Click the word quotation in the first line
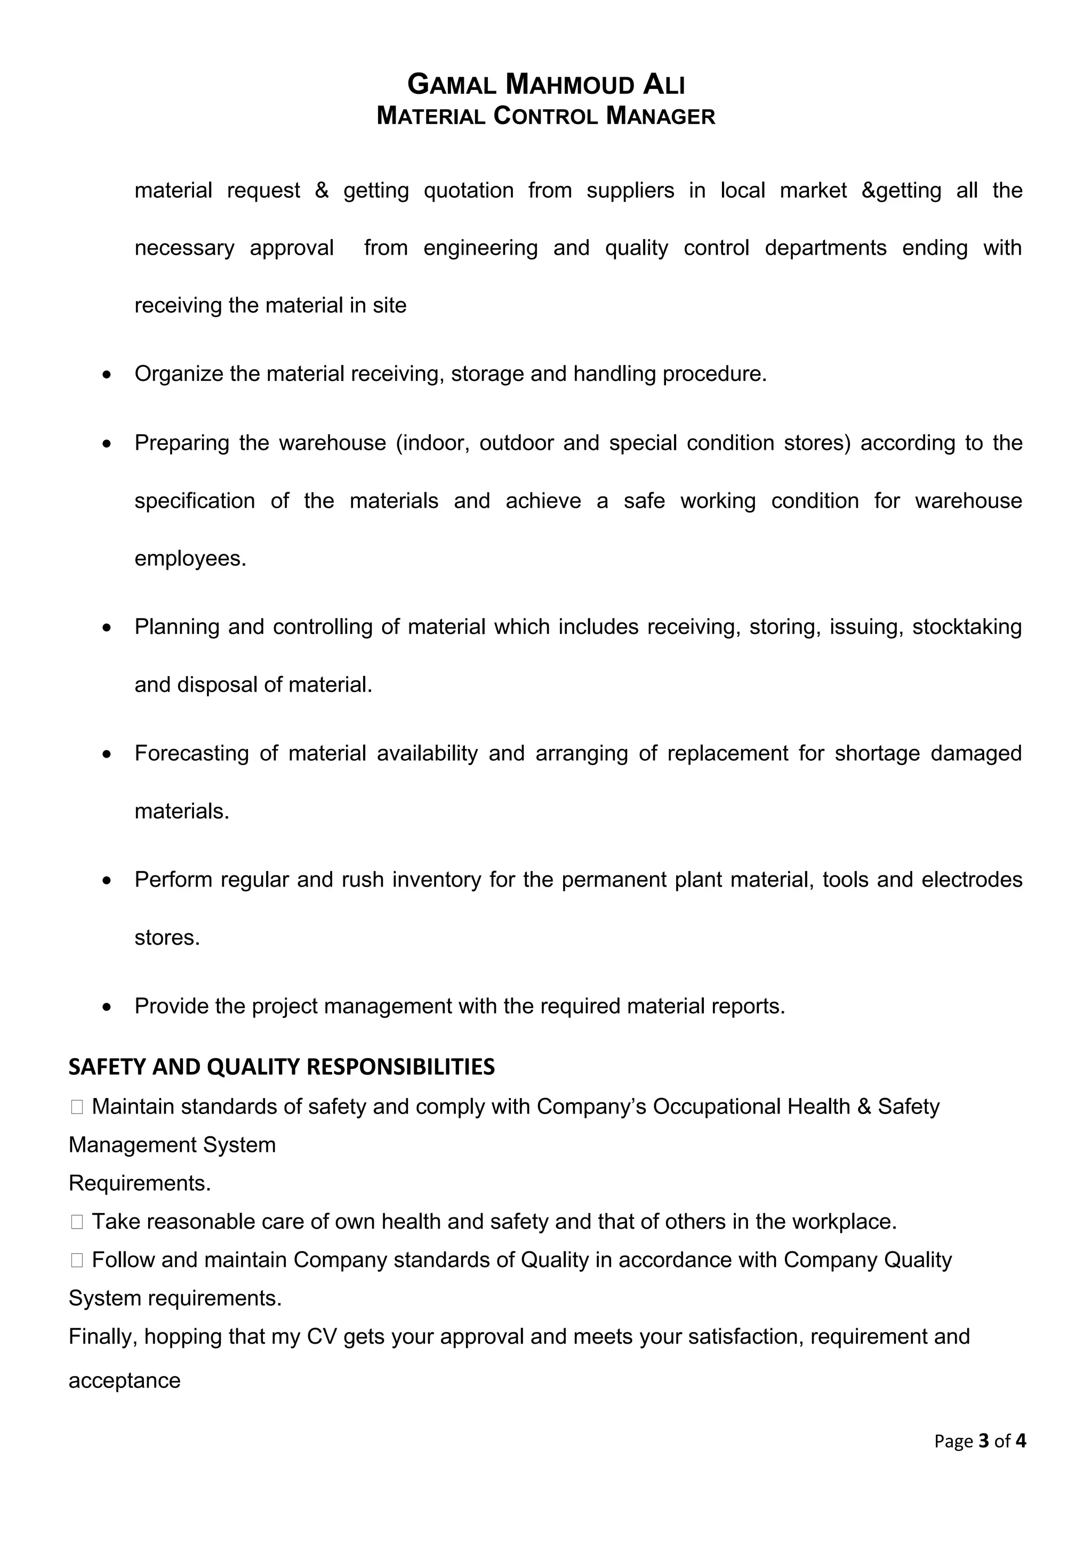tap(468, 190)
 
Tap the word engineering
tap(480, 248)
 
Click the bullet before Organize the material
tap(106, 375)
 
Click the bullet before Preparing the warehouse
tap(106, 444)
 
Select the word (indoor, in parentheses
tap(432, 443)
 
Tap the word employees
tap(190, 559)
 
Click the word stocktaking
tap(966, 627)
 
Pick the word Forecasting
tap(192, 753)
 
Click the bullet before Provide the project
tap(106, 1007)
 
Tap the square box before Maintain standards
tap(77, 1107)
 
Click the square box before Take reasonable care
tap(77, 1222)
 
